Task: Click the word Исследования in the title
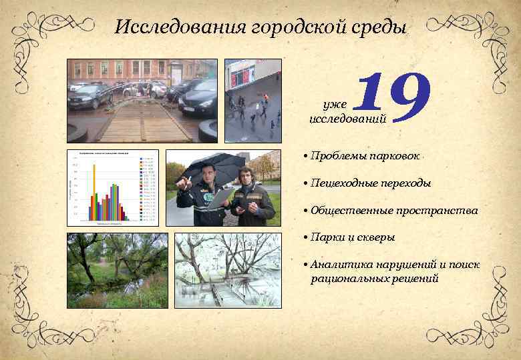coord(182,27)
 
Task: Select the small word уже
coord(334,105)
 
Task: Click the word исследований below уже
coord(338,119)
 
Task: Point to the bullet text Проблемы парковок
coord(364,155)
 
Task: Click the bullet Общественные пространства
coord(393,210)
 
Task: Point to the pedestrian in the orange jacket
coord(265,98)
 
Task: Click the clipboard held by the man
coord(221,198)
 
